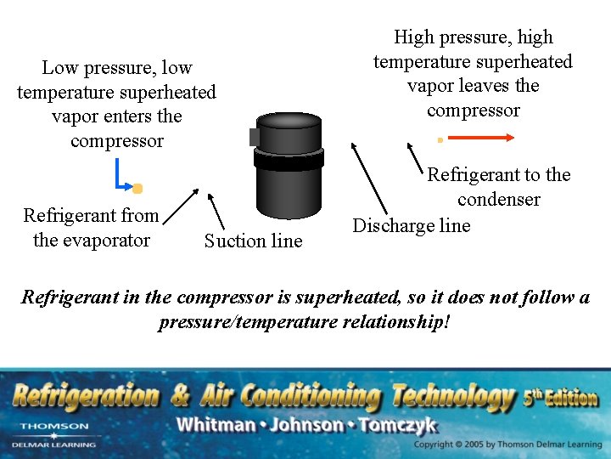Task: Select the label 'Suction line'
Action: tap(253, 241)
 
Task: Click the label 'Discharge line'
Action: tap(411, 225)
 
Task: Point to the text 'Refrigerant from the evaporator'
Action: tap(91, 227)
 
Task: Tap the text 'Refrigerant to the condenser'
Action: tap(499, 187)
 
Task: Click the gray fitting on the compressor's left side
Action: tap(254, 137)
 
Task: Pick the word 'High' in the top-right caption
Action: tap(414, 37)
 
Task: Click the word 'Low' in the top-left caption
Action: tap(60, 68)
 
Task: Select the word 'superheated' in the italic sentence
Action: tap(339, 297)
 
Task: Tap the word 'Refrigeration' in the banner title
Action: tap(85, 395)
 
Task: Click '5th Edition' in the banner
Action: tap(561, 397)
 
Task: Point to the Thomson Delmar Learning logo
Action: tap(53, 433)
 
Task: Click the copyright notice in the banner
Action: tap(507, 445)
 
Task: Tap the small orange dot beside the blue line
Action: tap(137, 188)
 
